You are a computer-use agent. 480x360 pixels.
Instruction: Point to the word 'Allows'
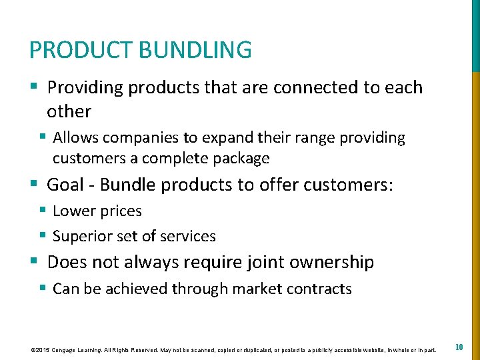point(74,138)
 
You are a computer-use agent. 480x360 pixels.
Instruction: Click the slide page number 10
point(459,347)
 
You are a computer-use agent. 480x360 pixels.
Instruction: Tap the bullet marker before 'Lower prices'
point(42,211)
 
